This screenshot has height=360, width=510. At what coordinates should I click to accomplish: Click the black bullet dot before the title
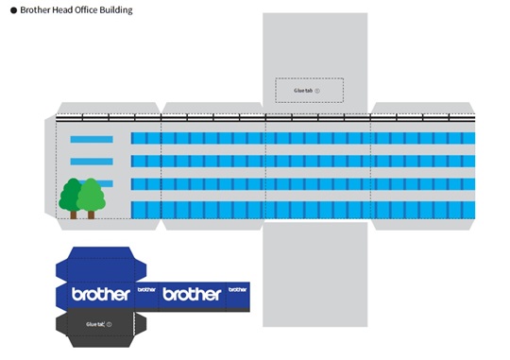click(12, 10)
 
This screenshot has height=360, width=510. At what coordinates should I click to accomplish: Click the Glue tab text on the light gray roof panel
click(302, 91)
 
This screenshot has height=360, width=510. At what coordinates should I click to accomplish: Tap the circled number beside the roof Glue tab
click(317, 91)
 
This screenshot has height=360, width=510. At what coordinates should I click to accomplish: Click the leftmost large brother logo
click(100, 294)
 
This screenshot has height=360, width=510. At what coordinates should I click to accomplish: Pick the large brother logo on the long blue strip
click(192, 294)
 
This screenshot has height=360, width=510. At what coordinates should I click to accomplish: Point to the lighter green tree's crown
click(91, 194)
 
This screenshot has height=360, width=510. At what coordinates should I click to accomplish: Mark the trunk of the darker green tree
click(74, 214)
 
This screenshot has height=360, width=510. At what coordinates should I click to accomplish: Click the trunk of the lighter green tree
click(91, 214)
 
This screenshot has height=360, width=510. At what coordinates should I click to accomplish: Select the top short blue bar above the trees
click(92, 140)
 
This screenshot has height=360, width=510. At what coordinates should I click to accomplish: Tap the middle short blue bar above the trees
click(92, 162)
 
